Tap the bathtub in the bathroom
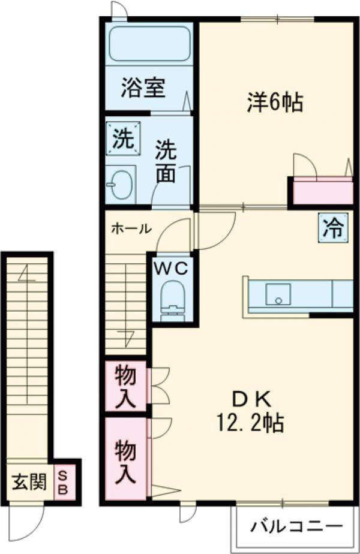tap(149, 43)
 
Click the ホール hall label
tap(131, 228)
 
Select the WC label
tap(173, 267)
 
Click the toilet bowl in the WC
tap(173, 297)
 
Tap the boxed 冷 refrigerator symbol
tap(332, 228)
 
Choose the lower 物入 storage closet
tap(126, 459)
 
